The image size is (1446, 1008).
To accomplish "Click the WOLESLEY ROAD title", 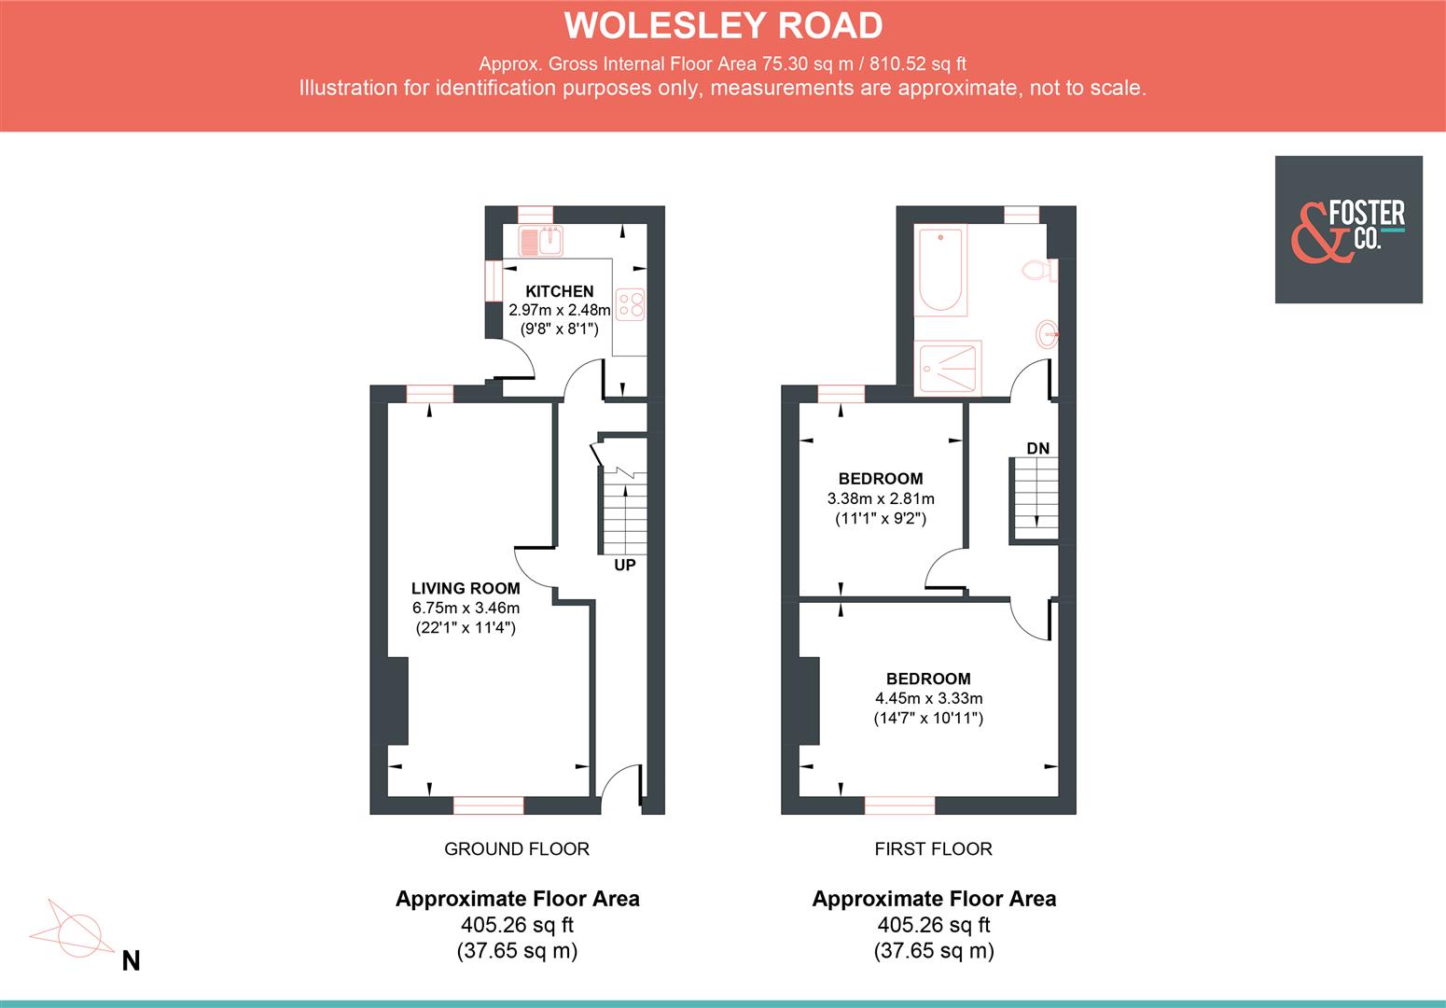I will (x=723, y=25).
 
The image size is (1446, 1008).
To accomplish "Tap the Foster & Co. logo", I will (x=1348, y=230).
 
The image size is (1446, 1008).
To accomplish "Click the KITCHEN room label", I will (x=559, y=291).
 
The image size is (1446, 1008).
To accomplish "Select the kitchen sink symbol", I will (x=542, y=242).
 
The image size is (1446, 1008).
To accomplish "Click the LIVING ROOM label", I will (x=466, y=588).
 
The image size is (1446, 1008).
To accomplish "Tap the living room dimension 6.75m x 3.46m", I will (x=466, y=608).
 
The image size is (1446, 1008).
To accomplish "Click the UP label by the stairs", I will (x=624, y=565).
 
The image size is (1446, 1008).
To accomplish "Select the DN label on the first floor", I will (x=1037, y=449).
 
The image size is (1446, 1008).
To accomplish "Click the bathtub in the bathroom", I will (x=940, y=268).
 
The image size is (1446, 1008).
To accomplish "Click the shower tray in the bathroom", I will (x=948, y=368).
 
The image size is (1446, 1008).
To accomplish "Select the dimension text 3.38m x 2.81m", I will (x=880, y=498).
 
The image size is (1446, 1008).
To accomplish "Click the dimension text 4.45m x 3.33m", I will (x=928, y=698).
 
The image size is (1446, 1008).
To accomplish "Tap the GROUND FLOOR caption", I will (x=516, y=848).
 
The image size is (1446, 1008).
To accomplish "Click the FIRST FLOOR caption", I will (x=933, y=848).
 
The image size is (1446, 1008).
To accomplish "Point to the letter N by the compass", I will (x=131, y=960).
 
